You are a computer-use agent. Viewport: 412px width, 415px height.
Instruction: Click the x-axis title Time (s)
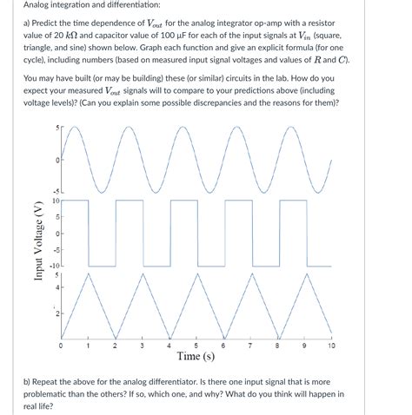click(196, 356)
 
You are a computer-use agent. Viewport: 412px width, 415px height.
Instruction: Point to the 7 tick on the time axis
click(249, 346)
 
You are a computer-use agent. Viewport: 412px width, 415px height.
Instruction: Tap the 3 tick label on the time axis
click(142, 346)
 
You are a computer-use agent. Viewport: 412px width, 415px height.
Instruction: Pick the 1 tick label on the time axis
click(88, 346)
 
